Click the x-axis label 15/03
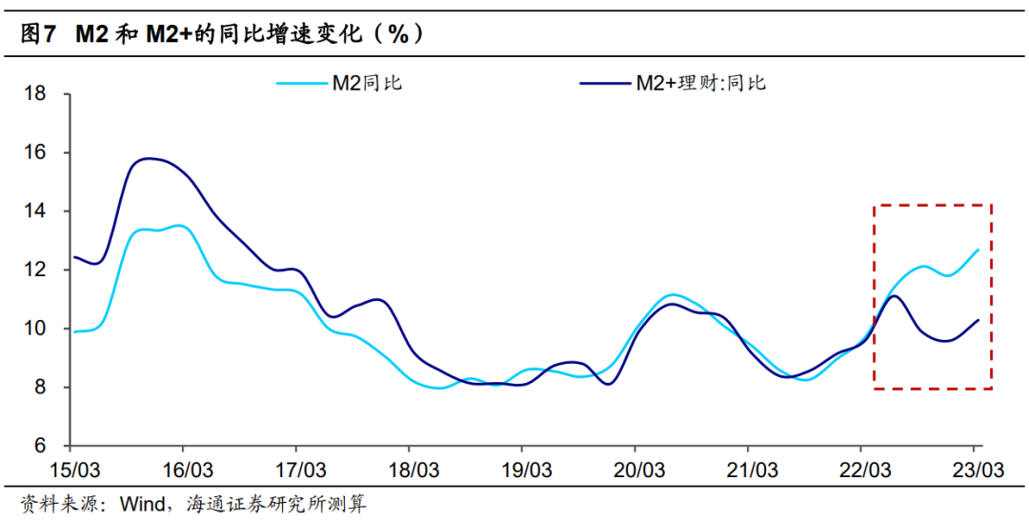tap(74, 470)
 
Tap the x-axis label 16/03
tap(187, 470)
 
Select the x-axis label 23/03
tap(977, 470)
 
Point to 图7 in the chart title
tap(36, 34)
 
